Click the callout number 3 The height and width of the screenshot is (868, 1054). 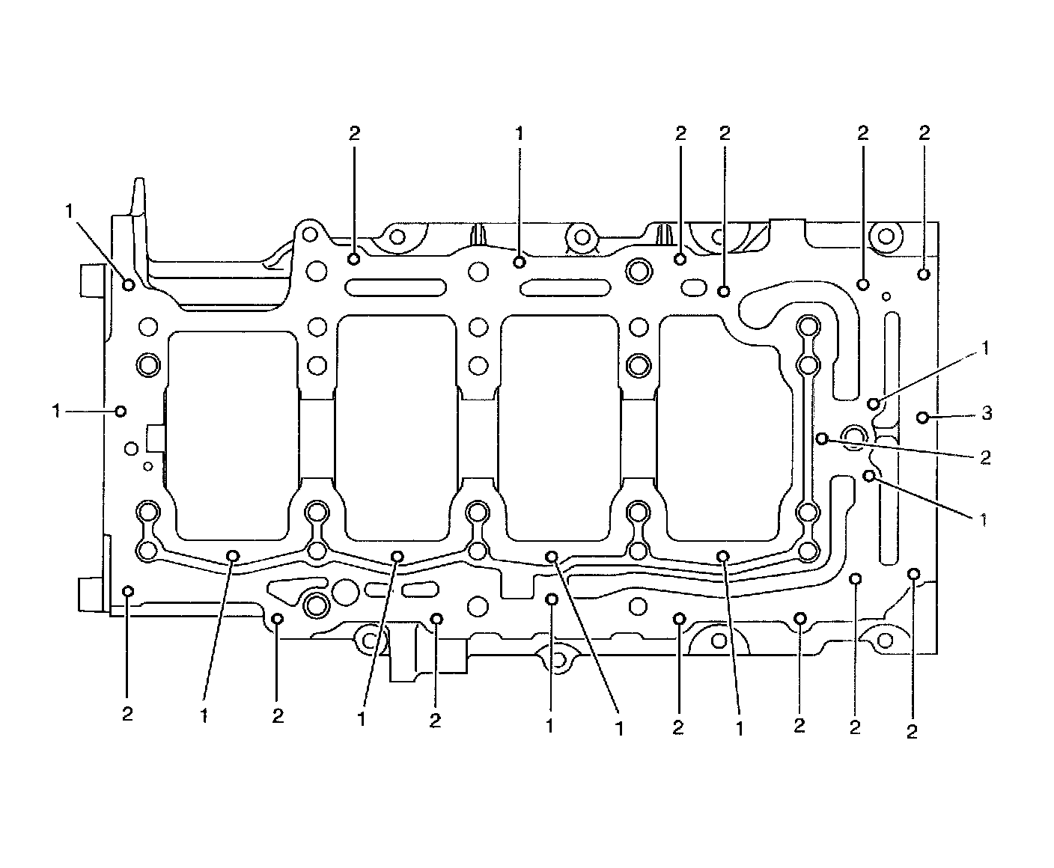click(987, 413)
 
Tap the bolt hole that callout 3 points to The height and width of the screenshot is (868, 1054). click(923, 418)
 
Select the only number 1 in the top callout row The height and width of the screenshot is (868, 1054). click(520, 134)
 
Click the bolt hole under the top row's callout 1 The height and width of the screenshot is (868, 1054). click(520, 262)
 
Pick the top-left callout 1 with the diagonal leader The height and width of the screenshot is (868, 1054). click(69, 211)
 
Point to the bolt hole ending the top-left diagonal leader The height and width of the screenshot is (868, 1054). click(129, 284)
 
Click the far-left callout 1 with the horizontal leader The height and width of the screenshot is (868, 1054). click(56, 412)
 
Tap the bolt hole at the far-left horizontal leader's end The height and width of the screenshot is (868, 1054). click(120, 412)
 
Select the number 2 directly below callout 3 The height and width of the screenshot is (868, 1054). click(985, 458)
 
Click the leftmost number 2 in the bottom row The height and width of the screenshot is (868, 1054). click(127, 714)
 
